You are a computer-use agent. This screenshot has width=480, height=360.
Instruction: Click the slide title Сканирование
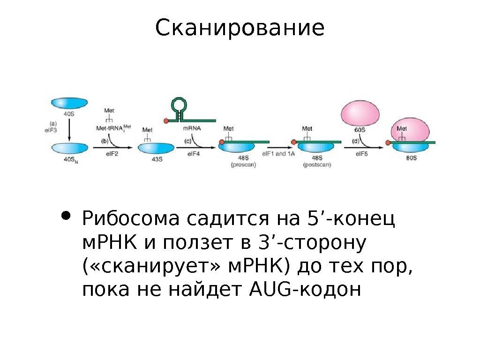[240, 28]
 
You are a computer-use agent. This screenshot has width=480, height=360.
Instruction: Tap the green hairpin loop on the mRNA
[179, 104]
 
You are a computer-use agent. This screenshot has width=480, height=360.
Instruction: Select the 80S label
[411, 159]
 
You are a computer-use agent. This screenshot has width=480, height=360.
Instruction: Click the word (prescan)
[243, 165]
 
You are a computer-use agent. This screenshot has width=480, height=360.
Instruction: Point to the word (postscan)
[317, 165]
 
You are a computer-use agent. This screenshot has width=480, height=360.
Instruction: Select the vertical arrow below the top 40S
[69, 129]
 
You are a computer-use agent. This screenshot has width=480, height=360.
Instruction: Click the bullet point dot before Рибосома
[67, 217]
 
